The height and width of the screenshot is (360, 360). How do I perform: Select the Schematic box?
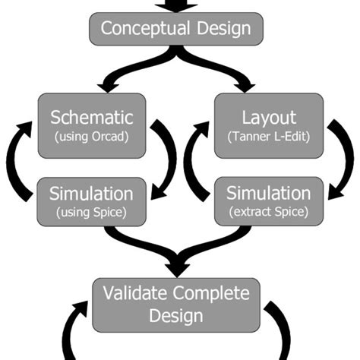pyautogui.click(x=91, y=125)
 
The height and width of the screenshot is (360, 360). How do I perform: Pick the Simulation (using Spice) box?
pyautogui.click(x=91, y=201)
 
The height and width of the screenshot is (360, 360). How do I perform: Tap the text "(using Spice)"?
pyautogui.click(x=91, y=211)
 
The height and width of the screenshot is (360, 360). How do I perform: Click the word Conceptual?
pyautogui.click(x=143, y=30)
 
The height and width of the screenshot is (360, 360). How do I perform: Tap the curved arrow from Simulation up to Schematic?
pyautogui.click(x=22, y=163)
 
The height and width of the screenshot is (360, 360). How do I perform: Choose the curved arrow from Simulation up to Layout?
pyautogui.click(x=195, y=163)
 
